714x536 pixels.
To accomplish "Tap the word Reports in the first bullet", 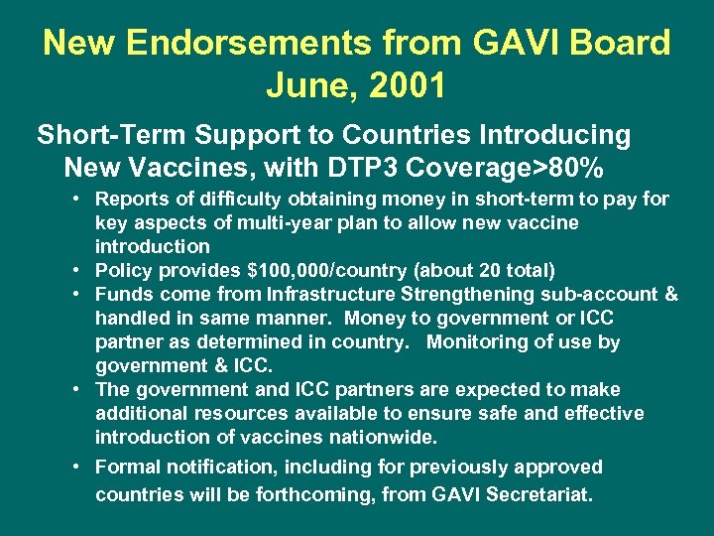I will click(134, 199).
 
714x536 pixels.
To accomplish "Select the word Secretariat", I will click(535, 493).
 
